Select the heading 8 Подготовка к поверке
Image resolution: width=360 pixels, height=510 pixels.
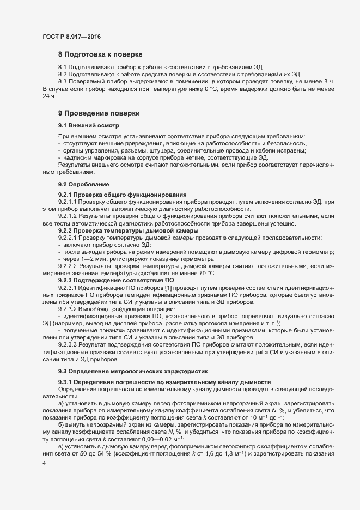click(x=101, y=55)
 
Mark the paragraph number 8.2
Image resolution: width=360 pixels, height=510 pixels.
click(x=63, y=75)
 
